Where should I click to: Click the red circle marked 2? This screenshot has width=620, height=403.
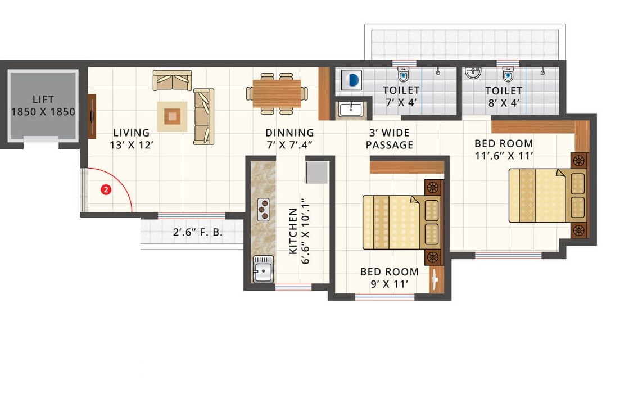click(x=105, y=190)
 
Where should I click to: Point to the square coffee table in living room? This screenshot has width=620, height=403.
click(x=172, y=116)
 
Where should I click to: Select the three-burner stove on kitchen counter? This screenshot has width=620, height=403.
click(x=263, y=210)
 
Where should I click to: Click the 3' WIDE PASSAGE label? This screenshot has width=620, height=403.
click(x=389, y=139)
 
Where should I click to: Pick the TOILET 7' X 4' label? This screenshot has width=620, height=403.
click(x=401, y=96)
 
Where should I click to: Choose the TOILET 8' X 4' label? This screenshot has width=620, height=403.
click(x=504, y=96)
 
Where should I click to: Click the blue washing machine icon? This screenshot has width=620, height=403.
click(x=353, y=80)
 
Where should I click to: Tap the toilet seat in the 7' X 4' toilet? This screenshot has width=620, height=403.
click(x=402, y=75)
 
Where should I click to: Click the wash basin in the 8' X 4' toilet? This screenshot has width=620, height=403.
click(x=473, y=73)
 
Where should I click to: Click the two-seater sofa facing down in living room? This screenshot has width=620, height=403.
click(x=172, y=80)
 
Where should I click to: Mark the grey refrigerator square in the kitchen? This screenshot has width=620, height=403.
click(x=316, y=172)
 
